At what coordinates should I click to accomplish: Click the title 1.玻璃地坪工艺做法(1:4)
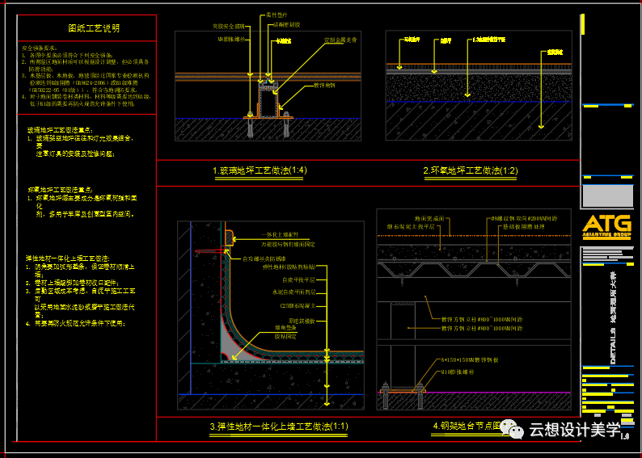coord(260,170)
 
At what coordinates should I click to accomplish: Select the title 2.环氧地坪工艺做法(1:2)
coord(470,170)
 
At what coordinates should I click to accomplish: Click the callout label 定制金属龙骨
coord(340,40)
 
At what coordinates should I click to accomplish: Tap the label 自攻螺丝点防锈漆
coord(250,258)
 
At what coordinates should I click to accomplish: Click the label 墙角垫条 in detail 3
coord(286,328)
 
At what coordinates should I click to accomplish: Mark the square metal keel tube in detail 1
coord(267,101)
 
